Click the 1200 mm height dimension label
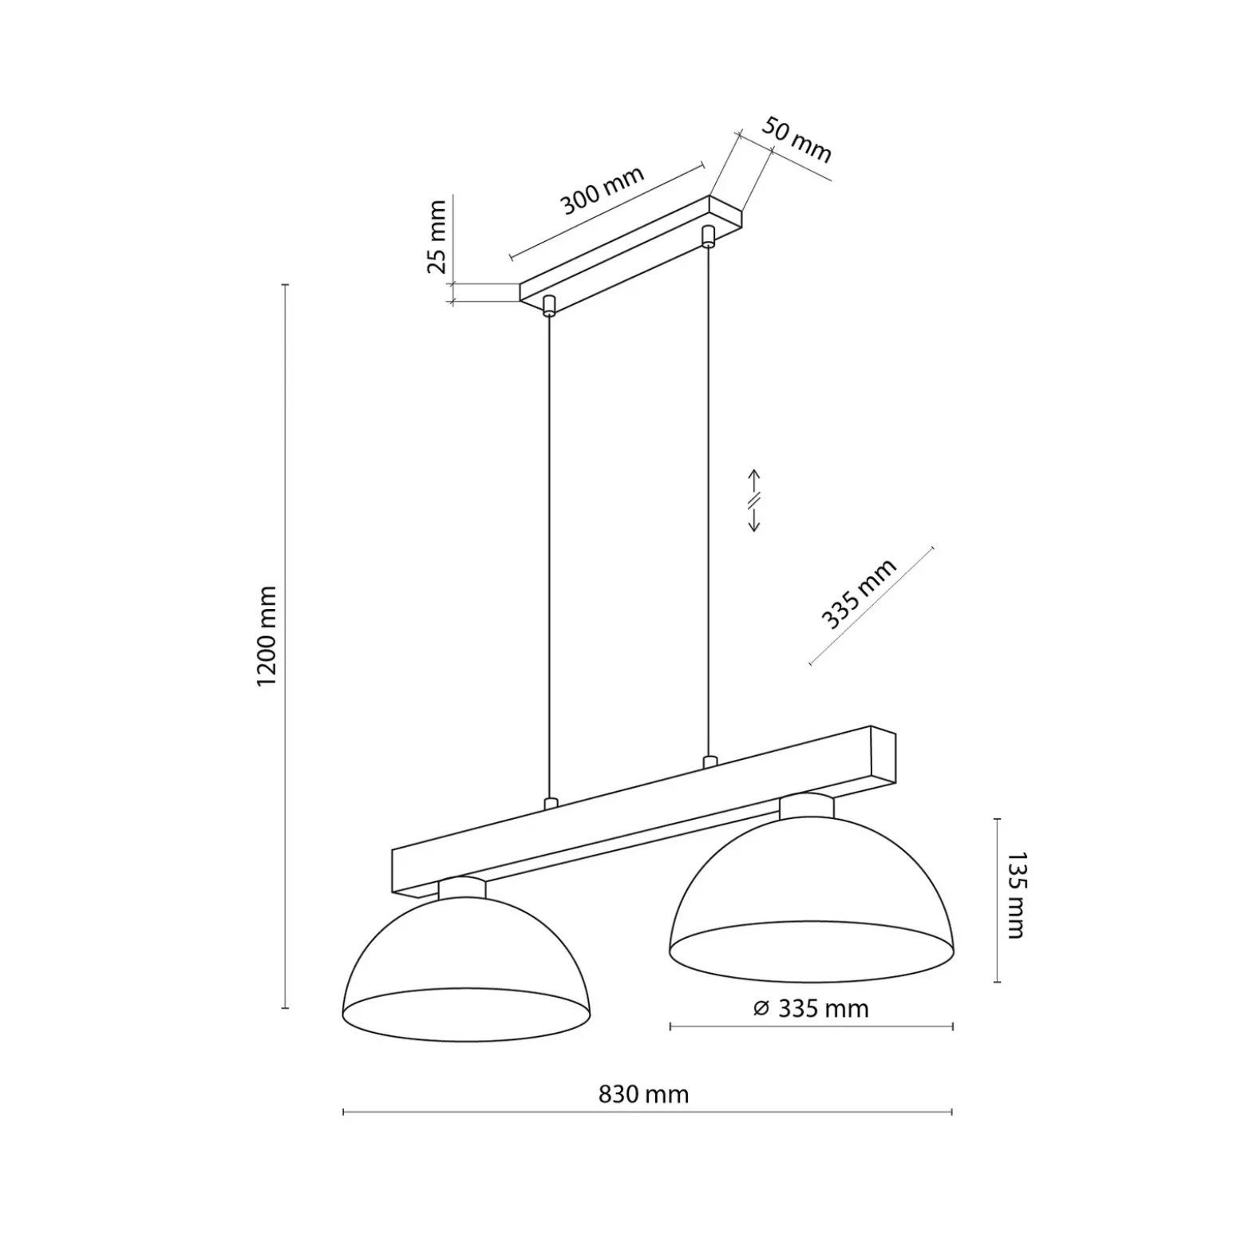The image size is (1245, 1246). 267,636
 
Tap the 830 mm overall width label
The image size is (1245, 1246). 643,1094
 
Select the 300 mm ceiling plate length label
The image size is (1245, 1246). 602,190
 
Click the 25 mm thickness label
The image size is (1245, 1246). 437,237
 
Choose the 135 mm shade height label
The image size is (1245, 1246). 1015,895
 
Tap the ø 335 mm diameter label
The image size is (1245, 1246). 811,1009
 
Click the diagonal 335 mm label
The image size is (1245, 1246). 859,594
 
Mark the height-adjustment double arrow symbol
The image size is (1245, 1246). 753,500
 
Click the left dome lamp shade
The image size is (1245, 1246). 466,969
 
